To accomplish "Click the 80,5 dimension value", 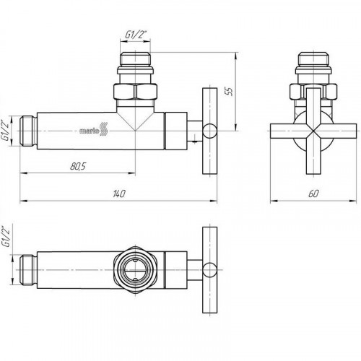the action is tap(78, 166).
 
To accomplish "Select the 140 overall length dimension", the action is tap(119, 193).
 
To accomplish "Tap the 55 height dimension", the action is tap(230, 92).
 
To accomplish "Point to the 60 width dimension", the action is tap(313, 193).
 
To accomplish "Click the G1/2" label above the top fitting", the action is tap(134, 35).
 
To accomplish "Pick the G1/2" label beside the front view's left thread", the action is tap(6, 131).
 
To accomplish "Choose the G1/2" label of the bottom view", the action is tap(6, 237).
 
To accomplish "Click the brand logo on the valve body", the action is tap(93, 131).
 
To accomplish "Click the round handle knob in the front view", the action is tap(209, 131).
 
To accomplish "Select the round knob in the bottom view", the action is tap(209, 270).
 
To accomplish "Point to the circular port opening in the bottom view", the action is tap(135, 270).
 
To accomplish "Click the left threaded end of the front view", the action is tap(28, 131).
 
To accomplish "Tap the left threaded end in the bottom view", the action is tap(28, 270).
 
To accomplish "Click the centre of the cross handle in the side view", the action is tap(313, 131).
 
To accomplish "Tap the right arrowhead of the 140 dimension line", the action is tap(214, 201).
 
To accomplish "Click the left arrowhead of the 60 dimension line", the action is tap(274, 201).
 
